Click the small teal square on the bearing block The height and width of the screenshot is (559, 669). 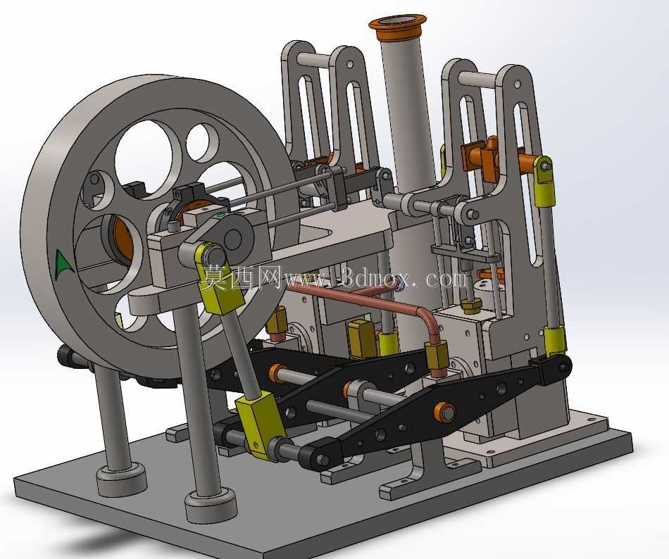click(x=220, y=216)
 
